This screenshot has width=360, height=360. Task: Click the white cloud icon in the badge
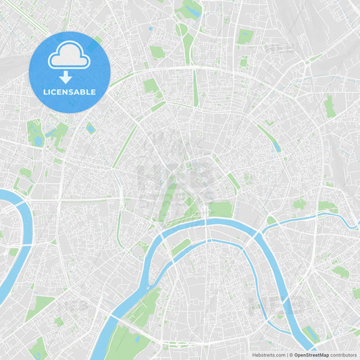[x=69, y=59]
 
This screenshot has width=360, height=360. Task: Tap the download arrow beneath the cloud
[x=66, y=77]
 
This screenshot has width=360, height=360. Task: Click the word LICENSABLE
[x=70, y=92]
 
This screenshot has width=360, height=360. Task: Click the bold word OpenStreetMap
[x=311, y=355]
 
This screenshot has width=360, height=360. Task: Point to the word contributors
[x=344, y=355]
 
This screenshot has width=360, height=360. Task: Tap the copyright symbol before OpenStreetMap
[x=291, y=355]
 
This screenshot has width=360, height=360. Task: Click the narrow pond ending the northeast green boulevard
[x=277, y=147]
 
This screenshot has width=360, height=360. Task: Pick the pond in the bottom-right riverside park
[x=310, y=332]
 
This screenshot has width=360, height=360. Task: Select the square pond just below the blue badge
[x=91, y=128]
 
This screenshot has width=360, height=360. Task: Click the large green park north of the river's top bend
[x=220, y=209]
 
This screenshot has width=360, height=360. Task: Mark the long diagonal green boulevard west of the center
[x=125, y=145]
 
